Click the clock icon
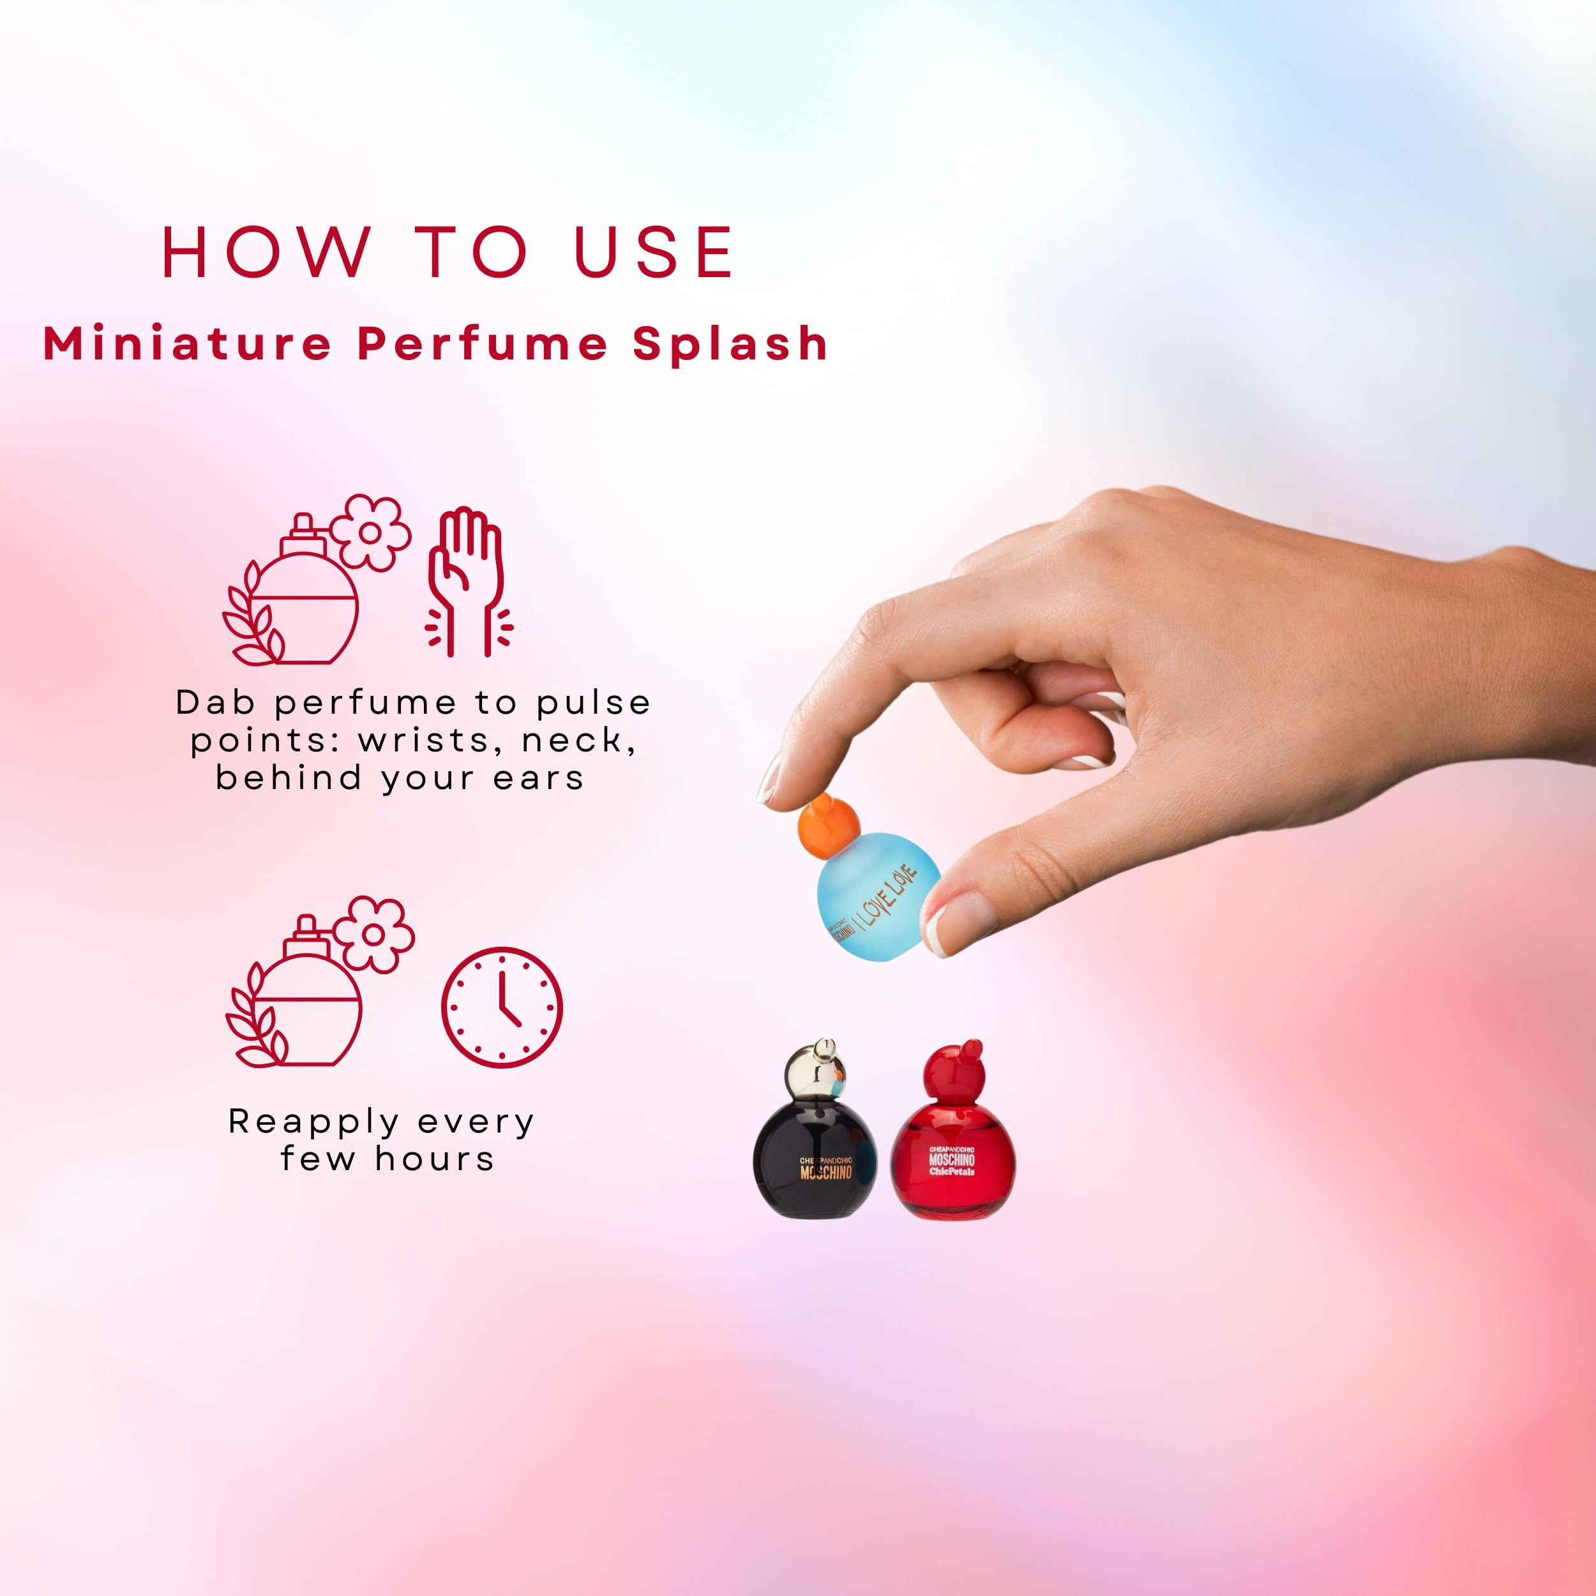501,1007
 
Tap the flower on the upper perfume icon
371,533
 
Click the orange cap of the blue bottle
829,825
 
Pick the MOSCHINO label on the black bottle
825,1172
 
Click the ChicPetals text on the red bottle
952,1171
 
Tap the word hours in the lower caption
435,1160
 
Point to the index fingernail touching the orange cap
770,778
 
